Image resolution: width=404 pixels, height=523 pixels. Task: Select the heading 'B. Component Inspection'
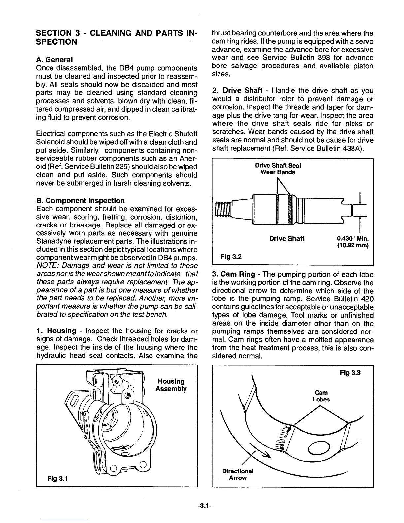point(80,201)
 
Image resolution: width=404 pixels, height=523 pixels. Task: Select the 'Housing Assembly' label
point(171,385)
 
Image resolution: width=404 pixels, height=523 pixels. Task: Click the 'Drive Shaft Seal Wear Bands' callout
point(278,169)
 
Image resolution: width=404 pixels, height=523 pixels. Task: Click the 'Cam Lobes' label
point(321,396)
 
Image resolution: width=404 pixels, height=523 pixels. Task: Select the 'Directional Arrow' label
point(238,474)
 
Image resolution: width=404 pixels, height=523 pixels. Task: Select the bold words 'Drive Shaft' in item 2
point(243,90)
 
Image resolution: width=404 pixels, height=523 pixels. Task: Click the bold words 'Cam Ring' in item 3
point(238,274)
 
